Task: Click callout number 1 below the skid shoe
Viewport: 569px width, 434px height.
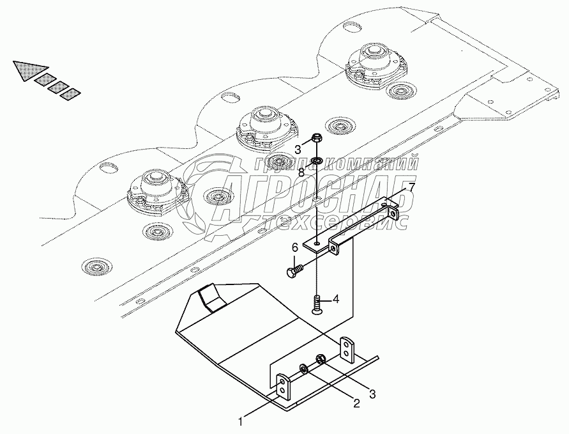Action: click(x=241, y=421)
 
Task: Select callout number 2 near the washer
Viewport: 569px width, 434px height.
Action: click(x=356, y=403)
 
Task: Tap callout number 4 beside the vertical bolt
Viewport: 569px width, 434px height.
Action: click(x=335, y=298)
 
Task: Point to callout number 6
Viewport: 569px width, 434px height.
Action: click(x=295, y=247)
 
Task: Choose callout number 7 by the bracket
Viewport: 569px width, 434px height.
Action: click(x=411, y=187)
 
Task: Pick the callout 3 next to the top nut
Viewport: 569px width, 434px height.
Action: click(x=298, y=150)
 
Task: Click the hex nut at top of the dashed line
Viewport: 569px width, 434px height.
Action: click(x=317, y=139)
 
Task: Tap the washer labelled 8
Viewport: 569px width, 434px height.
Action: click(x=317, y=159)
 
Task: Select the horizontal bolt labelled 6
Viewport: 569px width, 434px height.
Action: click(x=298, y=272)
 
